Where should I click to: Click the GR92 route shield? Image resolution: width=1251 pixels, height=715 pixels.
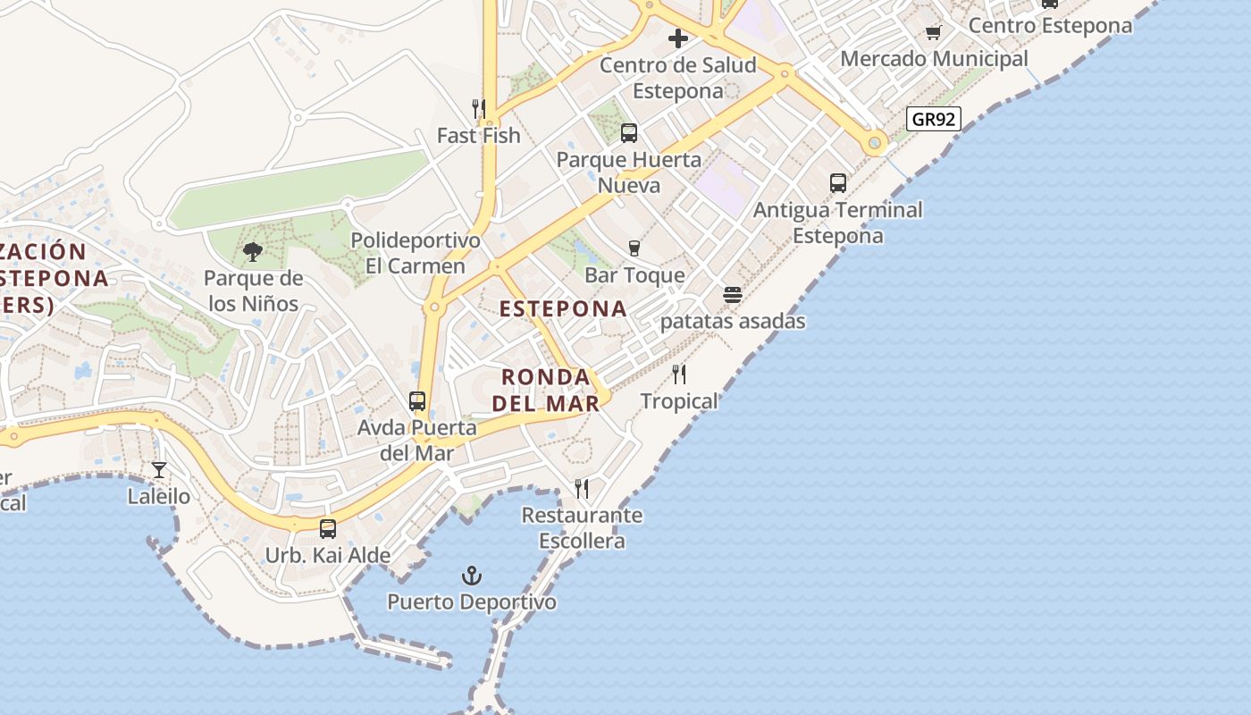point(933,119)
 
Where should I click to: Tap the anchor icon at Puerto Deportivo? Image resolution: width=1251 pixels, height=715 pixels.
point(471,576)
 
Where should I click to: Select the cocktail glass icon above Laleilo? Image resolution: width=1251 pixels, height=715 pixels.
point(159,469)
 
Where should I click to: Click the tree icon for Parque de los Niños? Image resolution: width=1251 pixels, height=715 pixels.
point(253,251)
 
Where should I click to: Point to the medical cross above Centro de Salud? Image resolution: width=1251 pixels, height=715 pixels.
point(678,38)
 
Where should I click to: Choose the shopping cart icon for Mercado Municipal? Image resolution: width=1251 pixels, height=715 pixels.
point(934,32)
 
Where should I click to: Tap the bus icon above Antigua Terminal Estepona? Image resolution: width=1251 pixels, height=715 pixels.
point(838,183)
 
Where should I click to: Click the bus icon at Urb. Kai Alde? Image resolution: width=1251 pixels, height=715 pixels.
point(328,529)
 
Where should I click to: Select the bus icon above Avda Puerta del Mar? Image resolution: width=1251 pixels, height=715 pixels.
point(417,401)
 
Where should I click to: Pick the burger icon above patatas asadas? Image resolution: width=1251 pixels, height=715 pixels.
point(733,295)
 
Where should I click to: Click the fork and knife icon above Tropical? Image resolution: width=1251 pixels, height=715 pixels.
point(679,374)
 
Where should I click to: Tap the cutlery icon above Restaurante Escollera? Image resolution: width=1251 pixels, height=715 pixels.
point(582,489)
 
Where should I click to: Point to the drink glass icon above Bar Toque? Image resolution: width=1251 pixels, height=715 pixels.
point(634,248)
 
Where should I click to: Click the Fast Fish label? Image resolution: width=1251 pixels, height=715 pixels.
point(478,136)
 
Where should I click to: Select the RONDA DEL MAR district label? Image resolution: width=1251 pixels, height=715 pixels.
point(546,390)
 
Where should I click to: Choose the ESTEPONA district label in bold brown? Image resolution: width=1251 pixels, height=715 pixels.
point(563,309)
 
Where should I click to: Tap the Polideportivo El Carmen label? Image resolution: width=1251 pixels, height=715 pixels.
point(415,253)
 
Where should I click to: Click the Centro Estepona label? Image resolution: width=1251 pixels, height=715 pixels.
point(1050,26)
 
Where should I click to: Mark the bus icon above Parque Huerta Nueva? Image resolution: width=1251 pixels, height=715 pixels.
point(629,133)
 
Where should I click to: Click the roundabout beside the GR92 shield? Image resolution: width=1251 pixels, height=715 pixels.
point(875,142)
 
